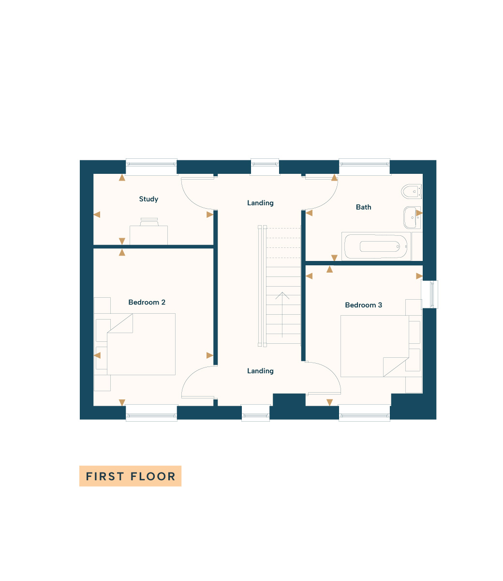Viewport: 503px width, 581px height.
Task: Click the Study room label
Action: coord(148,199)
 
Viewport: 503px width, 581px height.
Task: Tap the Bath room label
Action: coord(363,207)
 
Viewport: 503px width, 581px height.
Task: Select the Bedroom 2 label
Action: coord(147,302)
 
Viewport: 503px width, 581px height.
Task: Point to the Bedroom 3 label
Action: coord(363,305)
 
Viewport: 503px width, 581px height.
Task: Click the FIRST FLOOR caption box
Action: coord(130,476)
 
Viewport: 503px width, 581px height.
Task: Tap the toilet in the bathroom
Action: coord(411,191)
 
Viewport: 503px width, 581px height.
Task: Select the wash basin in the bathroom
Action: coord(412,217)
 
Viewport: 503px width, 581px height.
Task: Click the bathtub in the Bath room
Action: coord(376,246)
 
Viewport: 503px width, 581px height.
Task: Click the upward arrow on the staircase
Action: coord(282,315)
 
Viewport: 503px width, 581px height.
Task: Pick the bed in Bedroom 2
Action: coord(141,344)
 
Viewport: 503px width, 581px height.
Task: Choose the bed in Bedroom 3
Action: coord(375,346)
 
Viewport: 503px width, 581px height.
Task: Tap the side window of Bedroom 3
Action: coord(429,294)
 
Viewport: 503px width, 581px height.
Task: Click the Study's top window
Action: coord(151,167)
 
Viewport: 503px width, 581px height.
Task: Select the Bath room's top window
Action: coord(364,167)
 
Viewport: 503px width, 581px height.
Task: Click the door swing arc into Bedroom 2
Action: coord(192,375)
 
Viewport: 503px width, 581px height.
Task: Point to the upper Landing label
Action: coord(260,203)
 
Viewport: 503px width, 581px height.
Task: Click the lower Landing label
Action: coord(260,371)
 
